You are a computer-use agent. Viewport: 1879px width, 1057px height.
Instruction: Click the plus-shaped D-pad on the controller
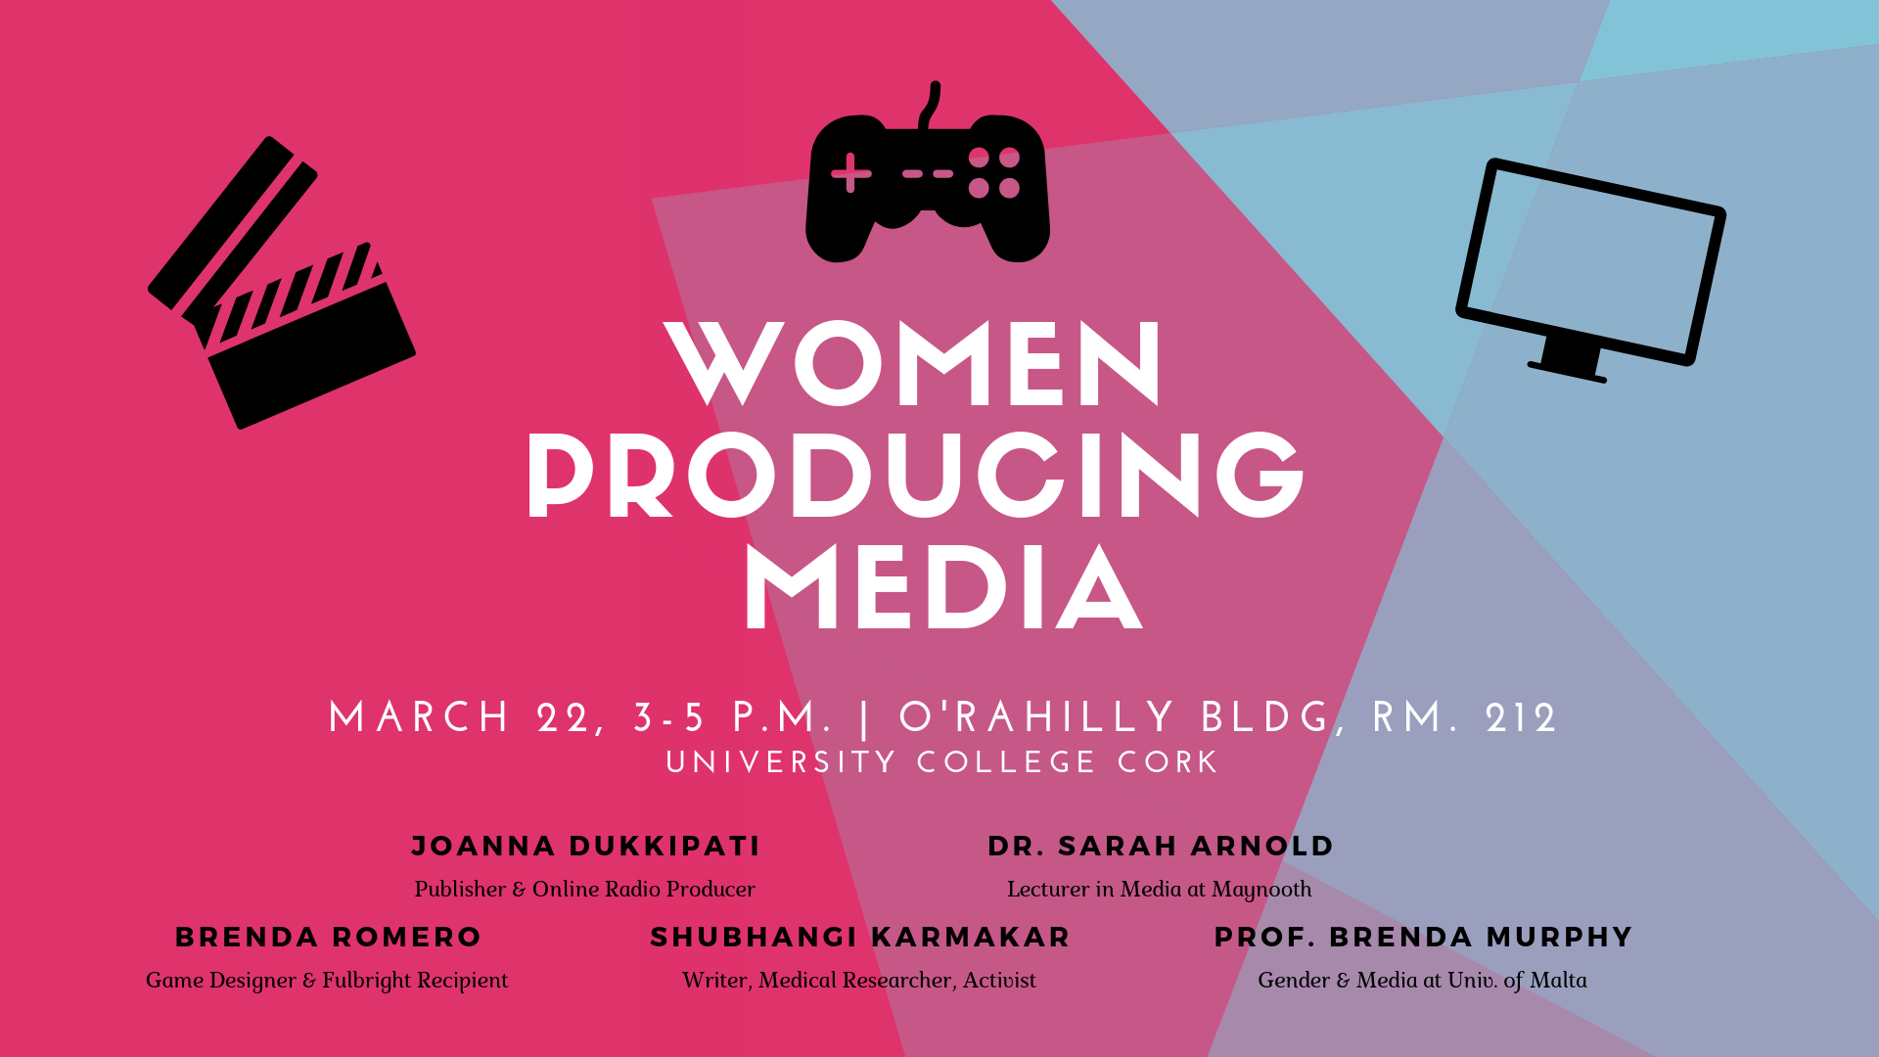(x=850, y=173)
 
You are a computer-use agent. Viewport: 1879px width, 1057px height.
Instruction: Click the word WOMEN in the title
(x=913, y=363)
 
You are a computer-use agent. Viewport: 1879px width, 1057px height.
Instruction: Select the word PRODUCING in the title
(x=916, y=475)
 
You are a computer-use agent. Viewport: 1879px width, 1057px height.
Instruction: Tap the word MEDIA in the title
(x=943, y=587)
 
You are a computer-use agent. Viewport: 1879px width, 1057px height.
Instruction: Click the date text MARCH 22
(x=459, y=718)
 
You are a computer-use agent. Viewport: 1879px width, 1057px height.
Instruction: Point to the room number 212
(x=1521, y=718)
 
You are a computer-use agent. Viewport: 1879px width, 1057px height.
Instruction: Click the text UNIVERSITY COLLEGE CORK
(x=941, y=762)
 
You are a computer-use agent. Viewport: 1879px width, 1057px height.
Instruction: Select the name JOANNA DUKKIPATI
(x=585, y=846)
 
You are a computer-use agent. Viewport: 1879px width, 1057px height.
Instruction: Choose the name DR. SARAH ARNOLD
(x=1161, y=846)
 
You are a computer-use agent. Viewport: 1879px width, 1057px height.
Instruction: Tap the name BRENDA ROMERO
(x=328, y=937)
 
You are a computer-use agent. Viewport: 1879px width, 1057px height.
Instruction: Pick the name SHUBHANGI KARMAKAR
(x=860, y=937)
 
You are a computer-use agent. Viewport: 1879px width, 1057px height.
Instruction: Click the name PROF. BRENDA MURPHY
(x=1423, y=937)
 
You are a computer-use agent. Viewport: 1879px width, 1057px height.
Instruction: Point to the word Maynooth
(x=1261, y=890)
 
